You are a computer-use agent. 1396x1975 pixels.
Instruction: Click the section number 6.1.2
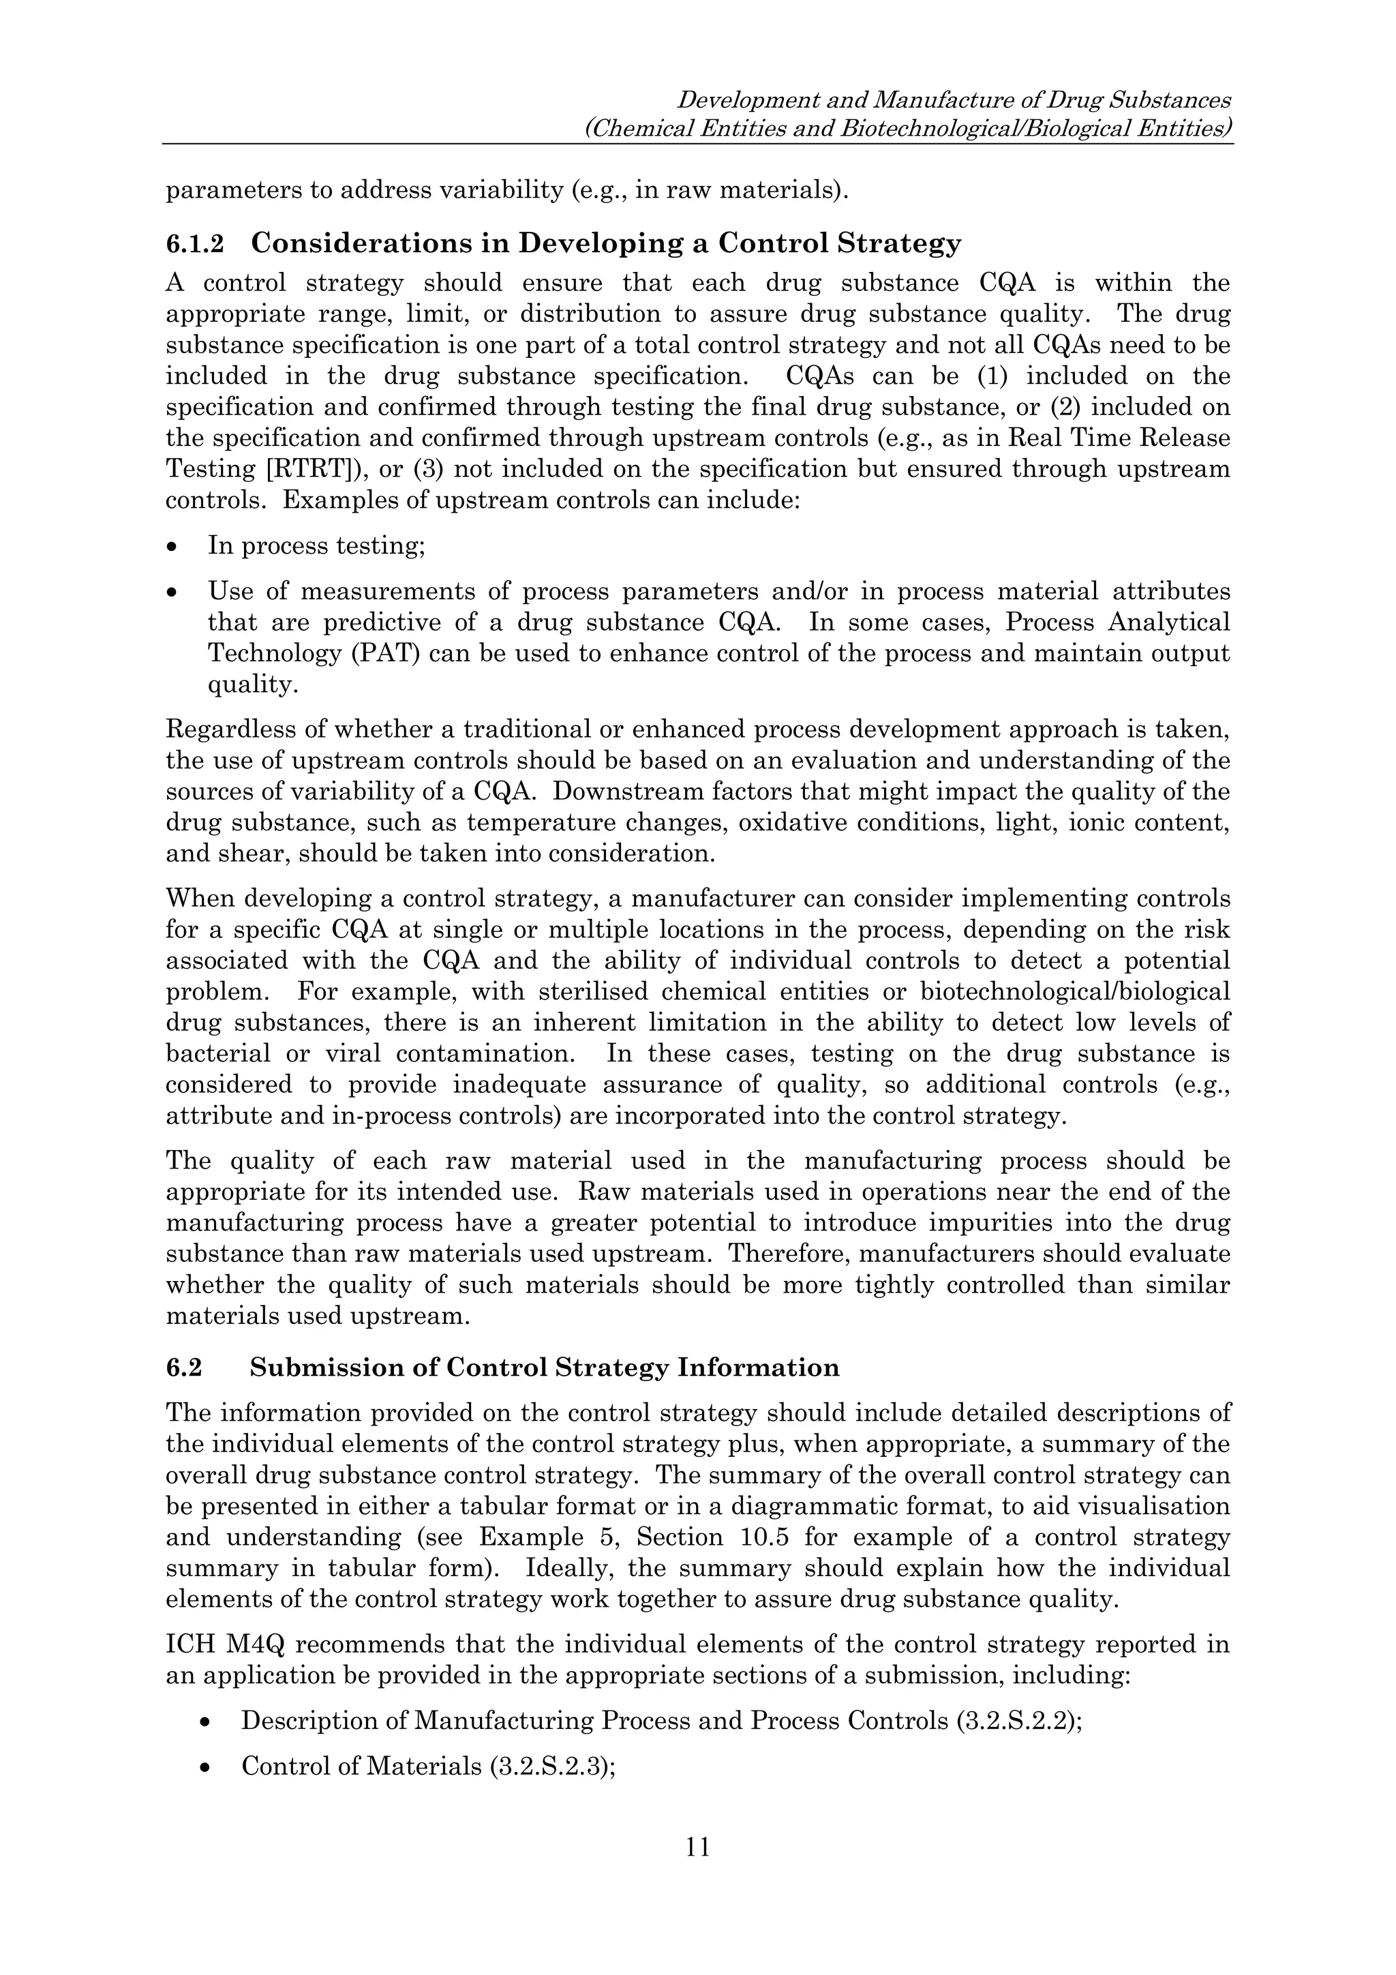pyautogui.click(x=194, y=244)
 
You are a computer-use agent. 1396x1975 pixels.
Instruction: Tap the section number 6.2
pyautogui.click(x=183, y=1368)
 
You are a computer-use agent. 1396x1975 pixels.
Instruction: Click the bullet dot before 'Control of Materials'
pyautogui.click(x=204, y=1767)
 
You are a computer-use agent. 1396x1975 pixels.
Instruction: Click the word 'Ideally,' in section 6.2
pyautogui.click(x=568, y=1568)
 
